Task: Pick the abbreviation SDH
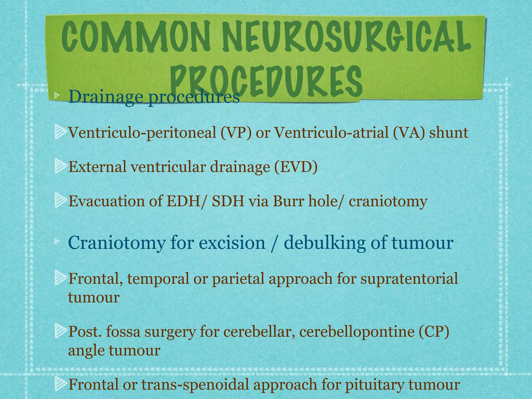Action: coord(228,201)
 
